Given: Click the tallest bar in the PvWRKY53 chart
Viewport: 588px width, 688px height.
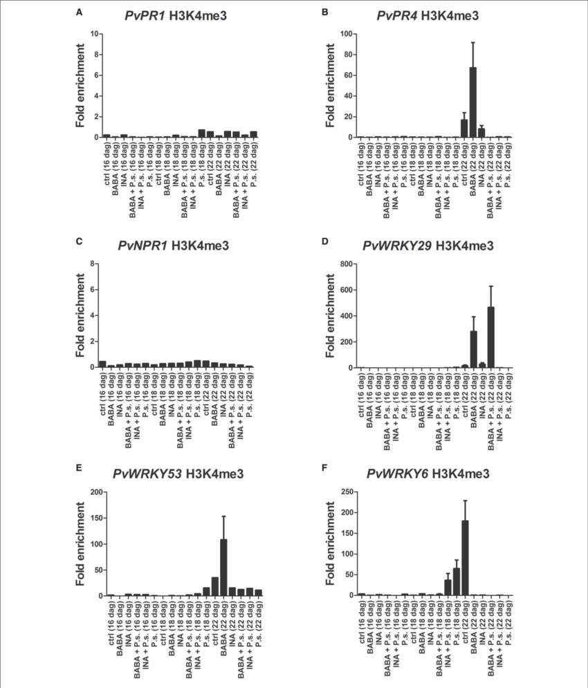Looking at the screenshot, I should [223, 567].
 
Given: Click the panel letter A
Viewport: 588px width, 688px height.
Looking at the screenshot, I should [80, 12].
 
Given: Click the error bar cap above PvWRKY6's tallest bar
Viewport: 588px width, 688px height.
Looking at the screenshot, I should [465, 500].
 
